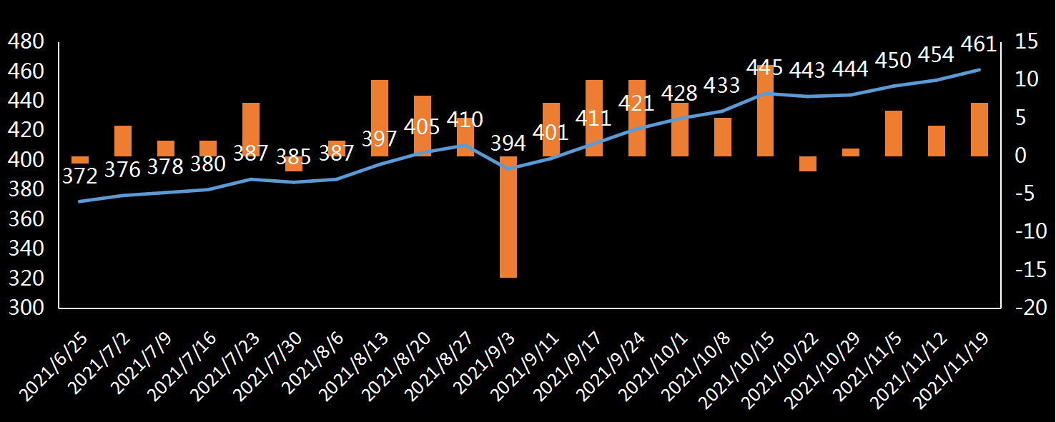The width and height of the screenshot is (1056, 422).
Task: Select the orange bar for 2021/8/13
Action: click(380, 118)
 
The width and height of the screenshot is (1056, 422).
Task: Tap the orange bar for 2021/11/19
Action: click(979, 129)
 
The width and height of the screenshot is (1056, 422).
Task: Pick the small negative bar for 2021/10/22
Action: click(808, 164)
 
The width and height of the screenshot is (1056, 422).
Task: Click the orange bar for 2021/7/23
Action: click(251, 129)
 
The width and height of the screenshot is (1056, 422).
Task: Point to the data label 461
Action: click(979, 44)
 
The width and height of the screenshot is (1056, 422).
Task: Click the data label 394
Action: click(508, 144)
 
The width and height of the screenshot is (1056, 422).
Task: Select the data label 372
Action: click(79, 176)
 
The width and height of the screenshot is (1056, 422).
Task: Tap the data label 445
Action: click(765, 68)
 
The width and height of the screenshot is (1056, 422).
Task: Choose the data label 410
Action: click(465, 119)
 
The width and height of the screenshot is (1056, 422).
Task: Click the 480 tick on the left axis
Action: click(25, 42)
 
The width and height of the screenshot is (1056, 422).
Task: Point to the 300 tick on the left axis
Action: click(25, 308)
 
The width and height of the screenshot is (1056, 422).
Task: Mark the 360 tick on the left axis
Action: click(25, 219)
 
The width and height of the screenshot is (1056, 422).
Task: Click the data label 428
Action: click(679, 94)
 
